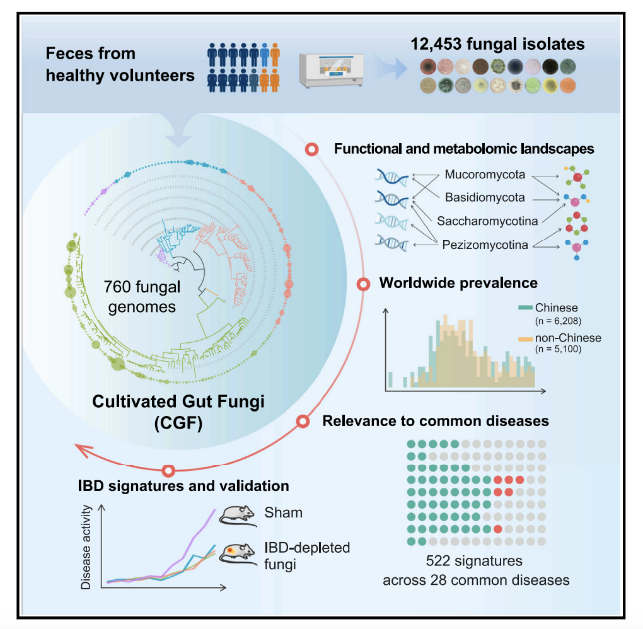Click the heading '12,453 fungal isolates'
pos(498,45)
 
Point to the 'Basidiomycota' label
pos(485,197)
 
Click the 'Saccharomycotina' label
pos(487,221)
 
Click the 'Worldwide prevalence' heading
pos(458,282)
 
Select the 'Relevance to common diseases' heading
pos(436,420)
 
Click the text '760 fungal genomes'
pos(142,297)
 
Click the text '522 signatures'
pos(474,560)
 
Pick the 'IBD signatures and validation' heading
pos(183,486)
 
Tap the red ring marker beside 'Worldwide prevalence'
pos(364,284)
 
